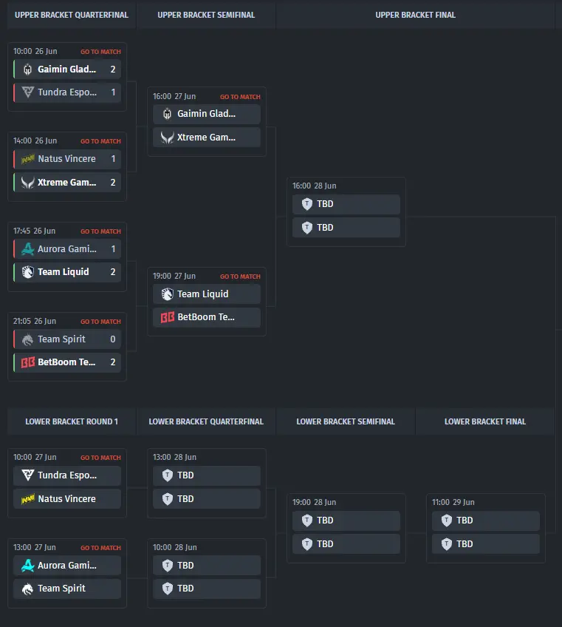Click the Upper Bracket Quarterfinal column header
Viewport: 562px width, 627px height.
72,16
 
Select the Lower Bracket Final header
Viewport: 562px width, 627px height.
485,421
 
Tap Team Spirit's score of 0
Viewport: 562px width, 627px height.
113,339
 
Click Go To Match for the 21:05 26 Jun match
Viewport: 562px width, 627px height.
100,322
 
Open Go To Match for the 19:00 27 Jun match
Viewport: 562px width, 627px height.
240,277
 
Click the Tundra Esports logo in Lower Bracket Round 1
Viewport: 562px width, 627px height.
27,475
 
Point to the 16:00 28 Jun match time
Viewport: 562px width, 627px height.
315,186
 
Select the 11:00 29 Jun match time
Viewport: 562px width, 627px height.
453,502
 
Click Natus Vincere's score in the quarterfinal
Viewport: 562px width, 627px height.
113,159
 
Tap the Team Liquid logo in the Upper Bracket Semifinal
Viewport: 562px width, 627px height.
168,294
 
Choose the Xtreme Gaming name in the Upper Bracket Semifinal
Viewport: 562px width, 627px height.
207,138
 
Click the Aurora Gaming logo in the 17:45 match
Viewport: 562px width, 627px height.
27,248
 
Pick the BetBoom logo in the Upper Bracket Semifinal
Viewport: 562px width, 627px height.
168,317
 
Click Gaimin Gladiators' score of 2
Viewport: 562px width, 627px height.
113,70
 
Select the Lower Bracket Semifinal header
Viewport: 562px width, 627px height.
346,421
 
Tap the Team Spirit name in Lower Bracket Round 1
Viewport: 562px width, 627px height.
61,589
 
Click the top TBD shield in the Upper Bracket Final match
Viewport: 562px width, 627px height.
306,204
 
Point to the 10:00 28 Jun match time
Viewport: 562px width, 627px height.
174,547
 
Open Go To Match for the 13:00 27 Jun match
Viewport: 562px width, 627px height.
100,548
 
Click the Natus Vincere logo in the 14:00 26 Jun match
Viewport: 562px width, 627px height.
27,160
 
